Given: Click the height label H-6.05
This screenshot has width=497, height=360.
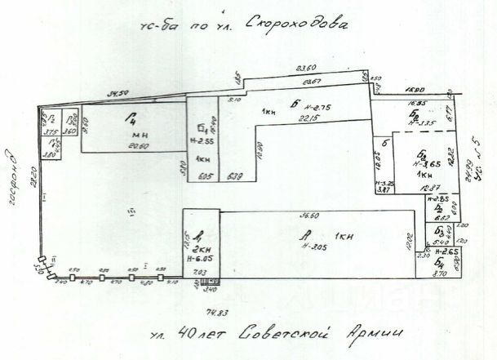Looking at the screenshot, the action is [x=200, y=257].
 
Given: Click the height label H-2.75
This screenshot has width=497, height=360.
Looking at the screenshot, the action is [x=314, y=108].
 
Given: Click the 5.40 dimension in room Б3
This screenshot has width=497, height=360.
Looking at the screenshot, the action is [x=441, y=242].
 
